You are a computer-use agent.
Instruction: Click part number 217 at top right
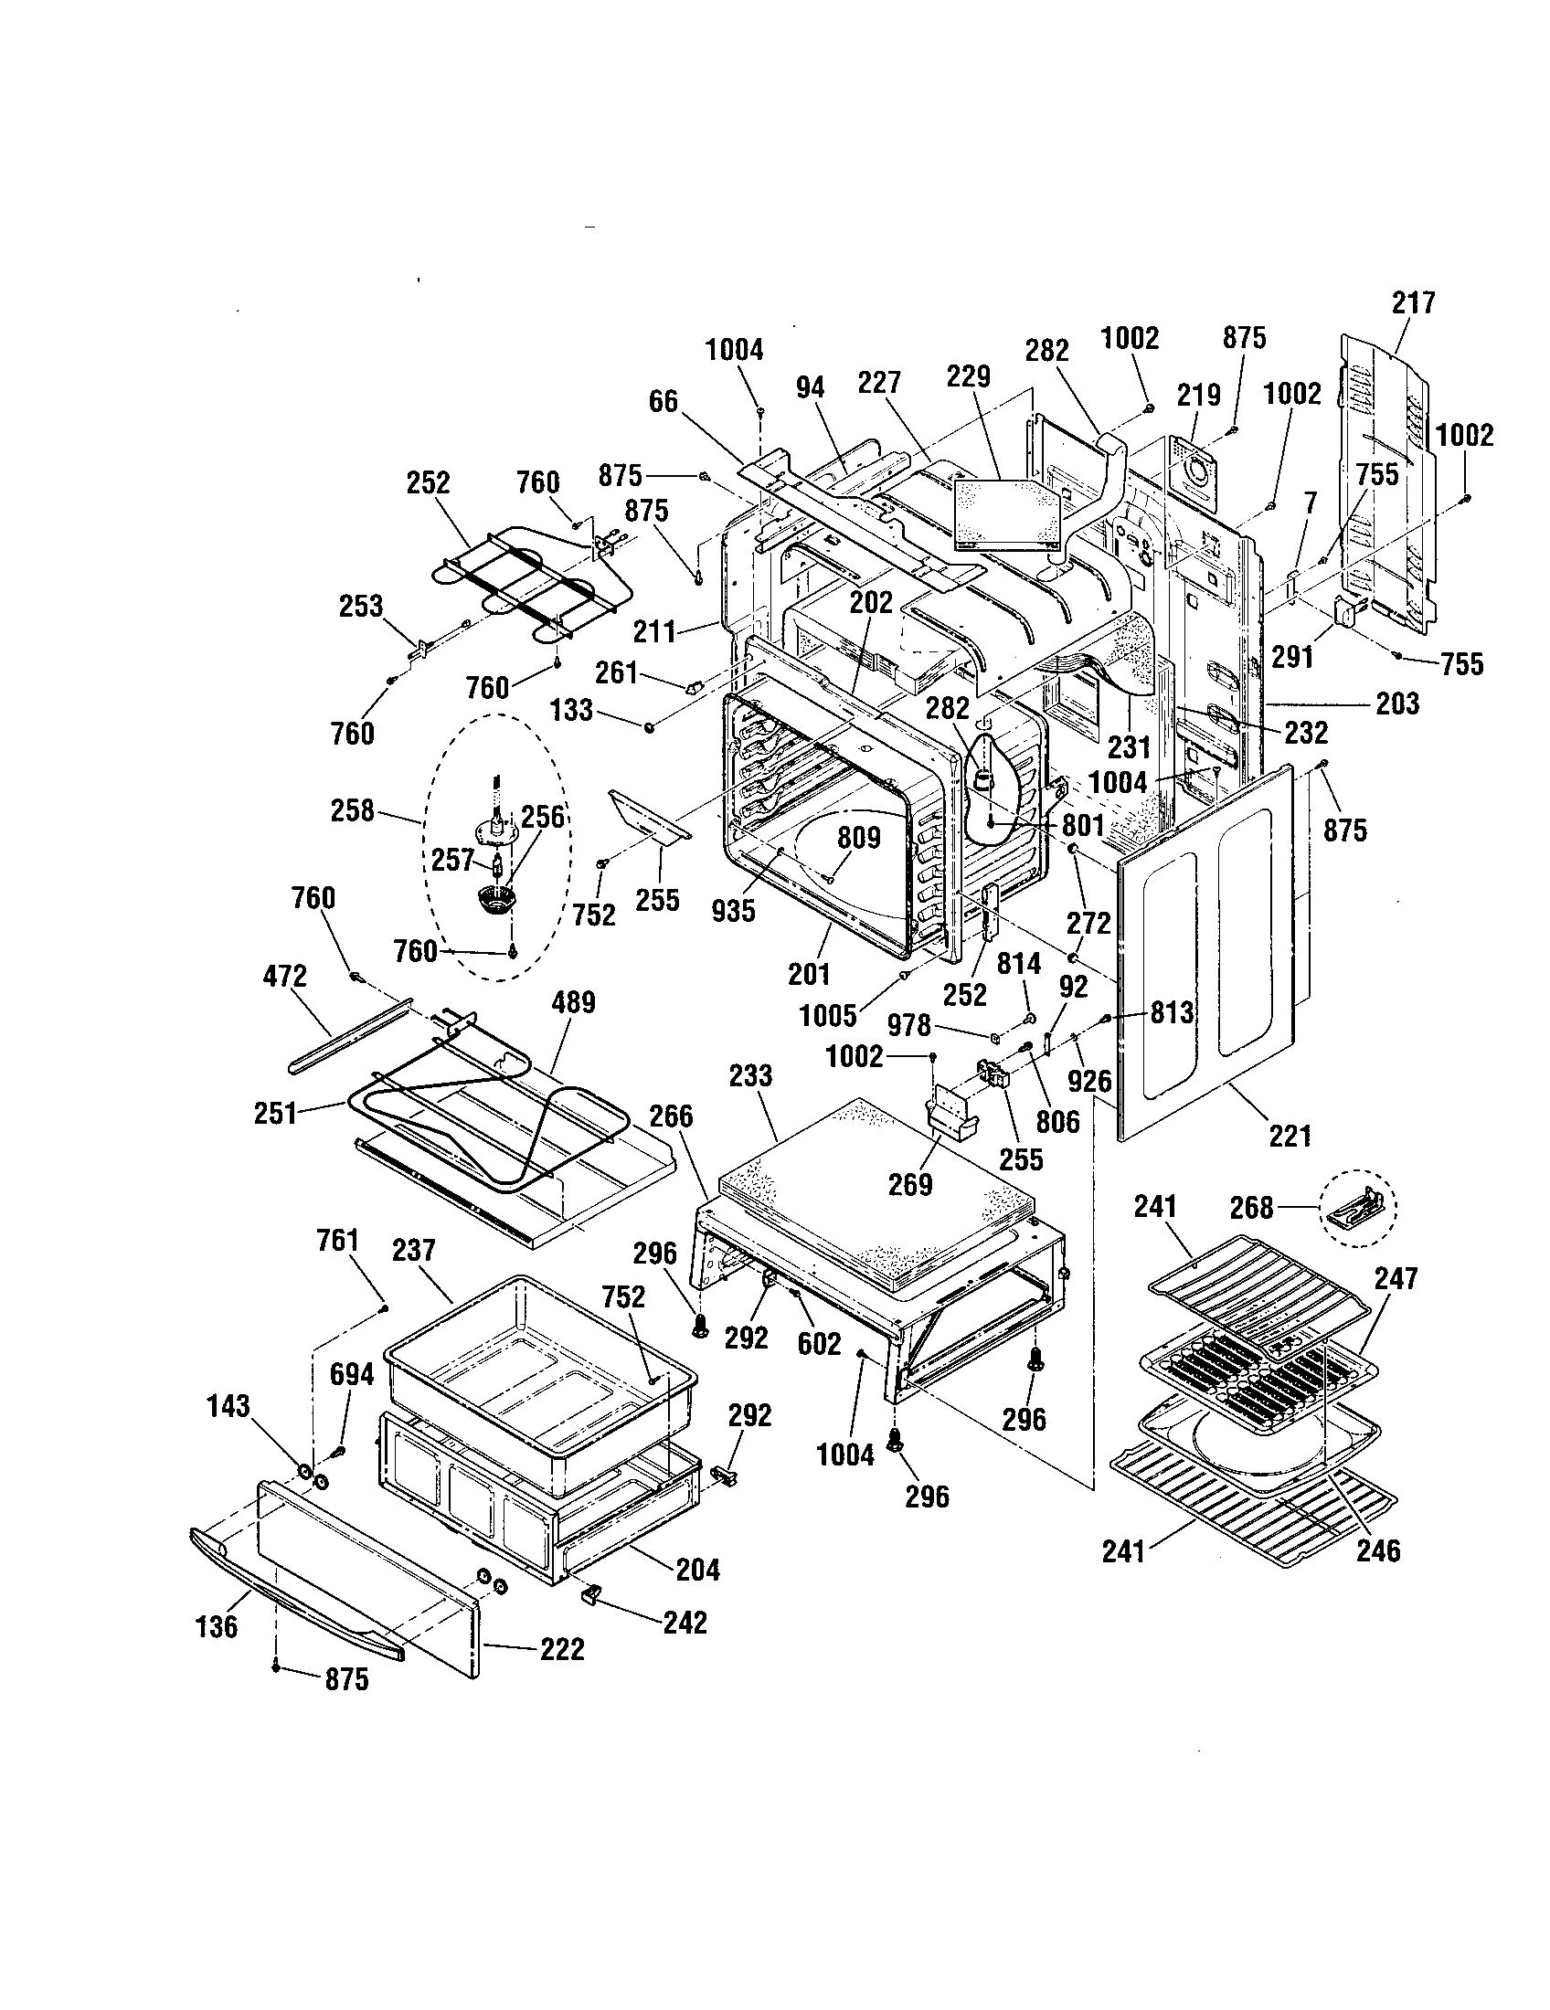[x=1413, y=302]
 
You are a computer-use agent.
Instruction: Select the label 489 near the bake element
[x=573, y=1002]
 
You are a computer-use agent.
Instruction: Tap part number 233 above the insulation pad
[x=750, y=1075]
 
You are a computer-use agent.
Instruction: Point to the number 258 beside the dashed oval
[x=353, y=810]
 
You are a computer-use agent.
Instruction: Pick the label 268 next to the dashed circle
[x=1252, y=1208]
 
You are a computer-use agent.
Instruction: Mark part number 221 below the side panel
[x=1290, y=1137]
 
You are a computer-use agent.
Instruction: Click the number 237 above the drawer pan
[x=413, y=1250]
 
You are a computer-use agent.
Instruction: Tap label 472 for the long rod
[x=284, y=976]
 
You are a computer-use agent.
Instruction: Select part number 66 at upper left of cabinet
[x=663, y=401]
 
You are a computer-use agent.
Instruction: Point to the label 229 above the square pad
[x=968, y=376]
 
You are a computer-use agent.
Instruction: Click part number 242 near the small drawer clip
[x=685, y=1622]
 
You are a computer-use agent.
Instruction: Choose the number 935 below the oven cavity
[x=733, y=910]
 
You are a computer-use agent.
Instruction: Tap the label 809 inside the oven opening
[x=858, y=838]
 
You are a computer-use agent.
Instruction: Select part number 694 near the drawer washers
[x=352, y=1375]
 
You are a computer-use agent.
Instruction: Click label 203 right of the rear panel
[x=1397, y=704]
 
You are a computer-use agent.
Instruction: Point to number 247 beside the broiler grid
[x=1396, y=1277]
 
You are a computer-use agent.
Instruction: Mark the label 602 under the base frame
[x=819, y=1344]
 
